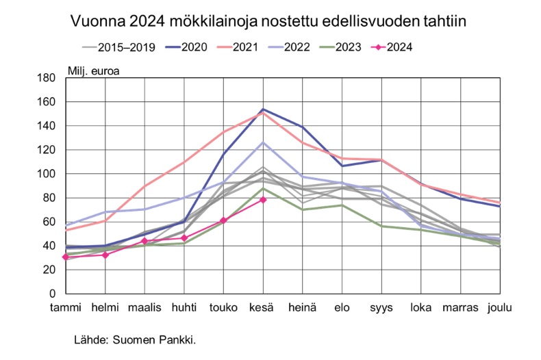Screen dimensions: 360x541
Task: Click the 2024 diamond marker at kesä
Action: click(263, 199)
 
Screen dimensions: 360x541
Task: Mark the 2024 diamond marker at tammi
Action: click(65, 257)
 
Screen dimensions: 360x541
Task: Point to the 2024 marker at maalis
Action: click(144, 241)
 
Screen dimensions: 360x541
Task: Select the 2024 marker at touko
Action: click(223, 220)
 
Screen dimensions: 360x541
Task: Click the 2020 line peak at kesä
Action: click(263, 110)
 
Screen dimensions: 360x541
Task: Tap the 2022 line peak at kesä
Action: click(263, 142)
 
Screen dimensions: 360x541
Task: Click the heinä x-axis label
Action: click(302, 307)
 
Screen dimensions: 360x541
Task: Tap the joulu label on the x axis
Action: click(500, 307)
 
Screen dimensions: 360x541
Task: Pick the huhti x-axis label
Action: click(184, 307)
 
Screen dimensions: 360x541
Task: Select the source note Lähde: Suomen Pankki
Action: click(135, 339)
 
